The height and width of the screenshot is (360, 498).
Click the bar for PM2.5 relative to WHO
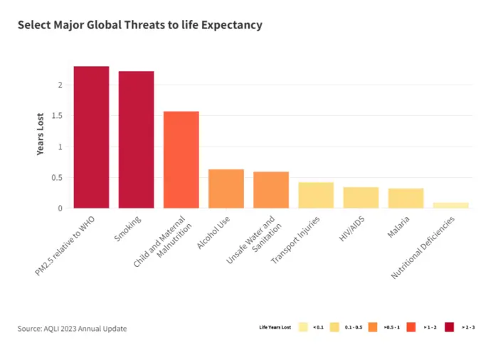click(91, 137)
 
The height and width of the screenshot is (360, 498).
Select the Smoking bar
click(136, 139)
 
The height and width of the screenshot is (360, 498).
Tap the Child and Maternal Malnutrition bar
click(181, 160)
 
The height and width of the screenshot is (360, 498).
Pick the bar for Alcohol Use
click(226, 189)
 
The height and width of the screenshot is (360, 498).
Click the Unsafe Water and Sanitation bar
click(271, 190)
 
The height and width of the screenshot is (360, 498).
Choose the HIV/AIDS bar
click(361, 198)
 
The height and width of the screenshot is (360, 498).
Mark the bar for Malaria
click(406, 198)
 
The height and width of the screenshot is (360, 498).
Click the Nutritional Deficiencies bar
click(450, 205)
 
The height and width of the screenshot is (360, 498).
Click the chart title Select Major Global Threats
click(139, 26)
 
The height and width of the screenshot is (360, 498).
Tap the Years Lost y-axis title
click(41, 134)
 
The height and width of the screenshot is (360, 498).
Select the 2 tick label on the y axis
click(60, 85)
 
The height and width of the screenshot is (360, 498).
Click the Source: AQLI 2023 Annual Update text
click(72, 328)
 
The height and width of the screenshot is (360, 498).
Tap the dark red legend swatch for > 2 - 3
click(449, 327)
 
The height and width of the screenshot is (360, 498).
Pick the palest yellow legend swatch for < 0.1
click(303, 327)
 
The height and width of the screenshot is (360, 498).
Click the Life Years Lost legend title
click(275, 327)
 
